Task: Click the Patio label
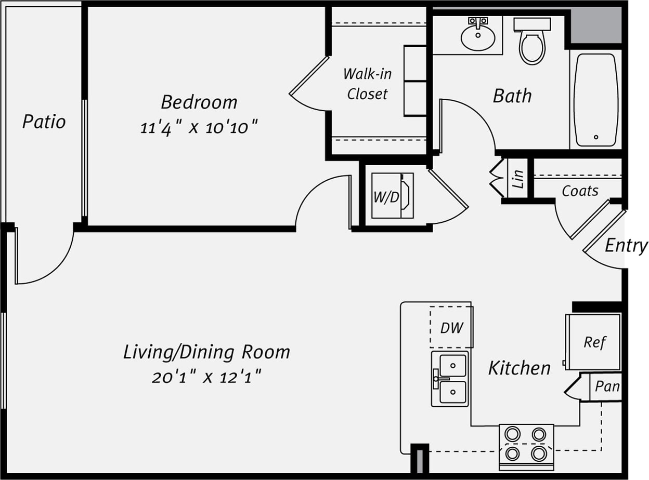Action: point(44,122)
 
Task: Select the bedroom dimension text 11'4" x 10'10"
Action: point(199,127)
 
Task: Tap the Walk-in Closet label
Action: point(367,83)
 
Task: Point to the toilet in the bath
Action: point(532,44)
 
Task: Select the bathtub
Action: point(595,100)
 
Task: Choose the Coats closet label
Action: point(580,191)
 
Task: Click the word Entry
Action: point(626,246)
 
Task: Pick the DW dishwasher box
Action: point(451,327)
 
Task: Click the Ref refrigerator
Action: point(594,342)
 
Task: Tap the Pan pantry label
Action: point(606,387)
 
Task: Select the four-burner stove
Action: point(526,445)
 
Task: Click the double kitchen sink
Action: point(450,378)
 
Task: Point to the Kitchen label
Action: point(519,368)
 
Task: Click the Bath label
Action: point(512,96)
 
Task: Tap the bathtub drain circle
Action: point(596,137)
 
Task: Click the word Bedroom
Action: point(199,102)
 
